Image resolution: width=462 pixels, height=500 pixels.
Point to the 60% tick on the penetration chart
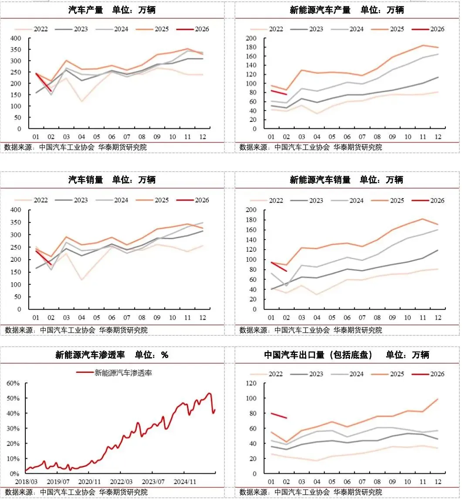13,383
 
